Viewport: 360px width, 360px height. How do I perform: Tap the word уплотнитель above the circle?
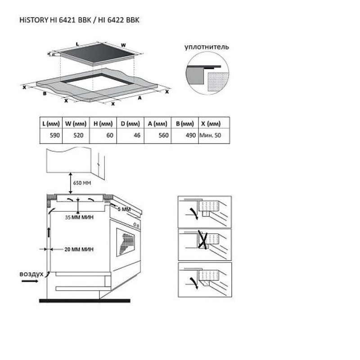(x=207, y=47)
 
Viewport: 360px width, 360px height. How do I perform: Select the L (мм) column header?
(x=51, y=124)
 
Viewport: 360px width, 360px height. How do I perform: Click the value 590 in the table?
(x=54, y=135)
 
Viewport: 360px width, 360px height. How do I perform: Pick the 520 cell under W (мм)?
(x=78, y=135)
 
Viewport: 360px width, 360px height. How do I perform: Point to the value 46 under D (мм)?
(x=137, y=135)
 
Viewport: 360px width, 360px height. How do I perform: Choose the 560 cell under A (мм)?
(x=164, y=135)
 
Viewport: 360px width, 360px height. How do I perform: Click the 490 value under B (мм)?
(x=191, y=135)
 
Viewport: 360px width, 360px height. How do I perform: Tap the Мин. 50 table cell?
(x=210, y=135)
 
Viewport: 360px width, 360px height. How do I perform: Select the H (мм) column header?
(x=103, y=124)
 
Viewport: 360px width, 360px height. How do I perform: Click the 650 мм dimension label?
(x=82, y=183)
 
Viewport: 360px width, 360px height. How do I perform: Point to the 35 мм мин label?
(x=79, y=217)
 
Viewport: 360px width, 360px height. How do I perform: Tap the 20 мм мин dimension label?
(x=79, y=249)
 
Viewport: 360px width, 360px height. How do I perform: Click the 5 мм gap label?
(x=124, y=209)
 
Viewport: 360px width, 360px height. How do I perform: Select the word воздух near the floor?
(x=31, y=274)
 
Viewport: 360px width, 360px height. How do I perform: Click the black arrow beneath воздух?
(x=30, y=281)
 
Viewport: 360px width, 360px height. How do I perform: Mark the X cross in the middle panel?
(x=203, y=240)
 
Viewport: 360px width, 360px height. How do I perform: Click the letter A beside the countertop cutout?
(x=139, y=98)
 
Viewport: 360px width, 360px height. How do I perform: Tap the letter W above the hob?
(x=123, y=45)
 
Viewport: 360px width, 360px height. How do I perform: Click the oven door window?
(x=126, y=242)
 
